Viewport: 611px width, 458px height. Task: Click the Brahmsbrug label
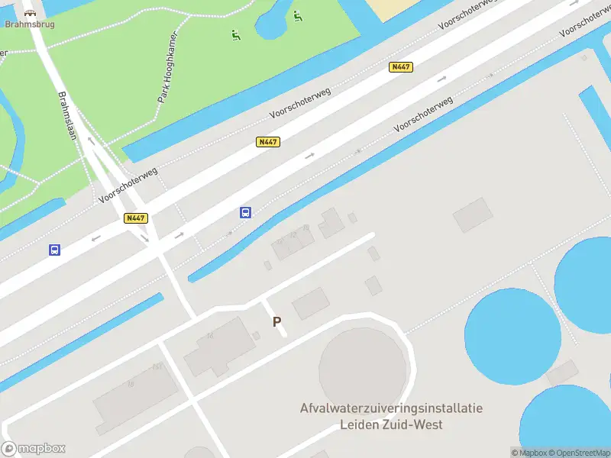[29, 24]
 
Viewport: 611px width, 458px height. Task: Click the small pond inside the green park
[272, 22]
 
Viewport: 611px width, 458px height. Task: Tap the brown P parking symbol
[276, 322]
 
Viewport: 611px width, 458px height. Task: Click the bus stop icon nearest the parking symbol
[245, 212]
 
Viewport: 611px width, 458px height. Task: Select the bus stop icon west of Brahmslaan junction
[54, 250]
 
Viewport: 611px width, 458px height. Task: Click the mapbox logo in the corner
[34, 449]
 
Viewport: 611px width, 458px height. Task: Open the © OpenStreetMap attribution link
[578, 453]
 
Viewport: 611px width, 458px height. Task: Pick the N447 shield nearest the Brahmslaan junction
[135, 218]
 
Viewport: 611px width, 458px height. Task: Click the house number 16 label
[131, 384]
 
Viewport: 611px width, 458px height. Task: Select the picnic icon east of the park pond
[297, 15]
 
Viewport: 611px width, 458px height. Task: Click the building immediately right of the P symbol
[311, 304]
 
